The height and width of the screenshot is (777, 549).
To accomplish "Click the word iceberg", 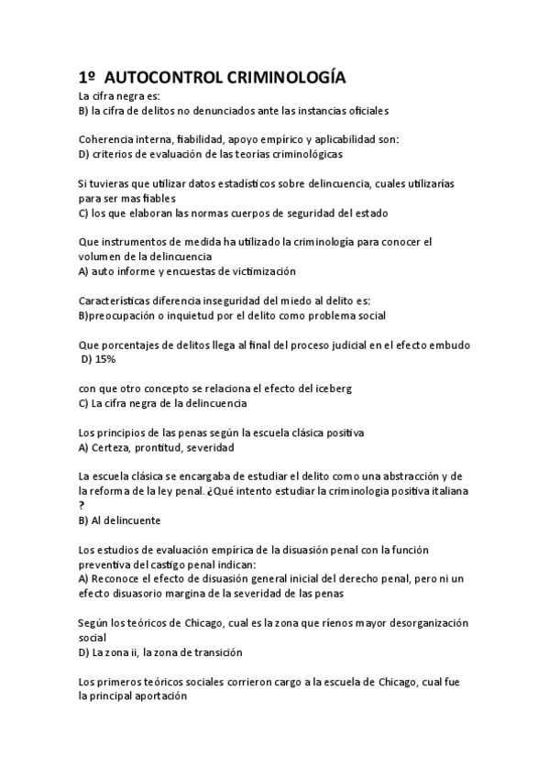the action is coord(331,388).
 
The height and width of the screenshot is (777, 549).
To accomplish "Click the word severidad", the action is coord(210,447).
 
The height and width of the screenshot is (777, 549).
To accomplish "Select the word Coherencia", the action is coord(106,139).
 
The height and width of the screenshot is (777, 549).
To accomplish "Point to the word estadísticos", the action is coord(231,183).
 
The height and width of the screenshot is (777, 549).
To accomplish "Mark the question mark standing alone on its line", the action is coord(82,506).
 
